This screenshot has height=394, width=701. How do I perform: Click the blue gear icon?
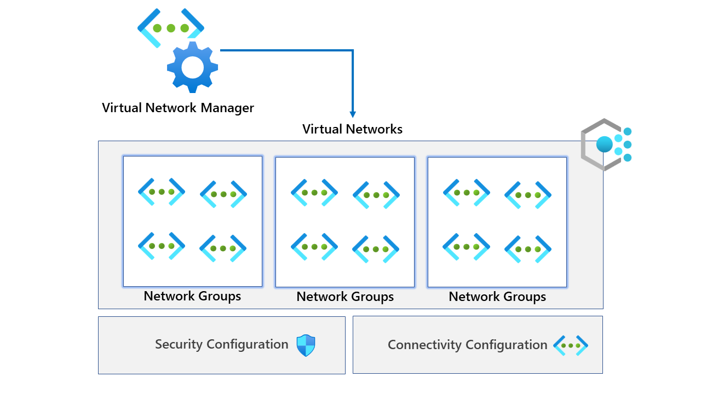click(192, 67)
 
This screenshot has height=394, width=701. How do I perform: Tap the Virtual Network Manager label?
click(177, 107)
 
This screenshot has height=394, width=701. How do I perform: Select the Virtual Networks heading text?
click(352, 129)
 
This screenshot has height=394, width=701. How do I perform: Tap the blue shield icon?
click(306, 345)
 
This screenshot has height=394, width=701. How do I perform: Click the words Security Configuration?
click(221, 344)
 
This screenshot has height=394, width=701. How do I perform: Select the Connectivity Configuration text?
click(467, 345)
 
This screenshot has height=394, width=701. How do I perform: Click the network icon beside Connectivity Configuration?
click(570, 345)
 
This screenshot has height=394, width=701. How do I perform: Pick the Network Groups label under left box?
click(192, 296)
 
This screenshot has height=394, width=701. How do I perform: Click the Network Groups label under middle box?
click(345, 297)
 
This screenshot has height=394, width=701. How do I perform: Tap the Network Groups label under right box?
click(497, 297)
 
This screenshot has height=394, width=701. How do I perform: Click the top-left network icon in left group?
click(162, 192)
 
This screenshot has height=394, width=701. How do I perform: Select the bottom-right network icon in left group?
click(223, 248)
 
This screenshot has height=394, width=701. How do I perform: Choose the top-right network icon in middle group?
click(376, 195)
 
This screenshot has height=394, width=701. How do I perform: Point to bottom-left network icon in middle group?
click(314, 247)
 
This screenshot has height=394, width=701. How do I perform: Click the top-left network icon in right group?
click(466, 192)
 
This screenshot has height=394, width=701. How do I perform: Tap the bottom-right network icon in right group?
click(527, 249)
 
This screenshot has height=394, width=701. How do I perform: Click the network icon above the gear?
click(170, 28)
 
